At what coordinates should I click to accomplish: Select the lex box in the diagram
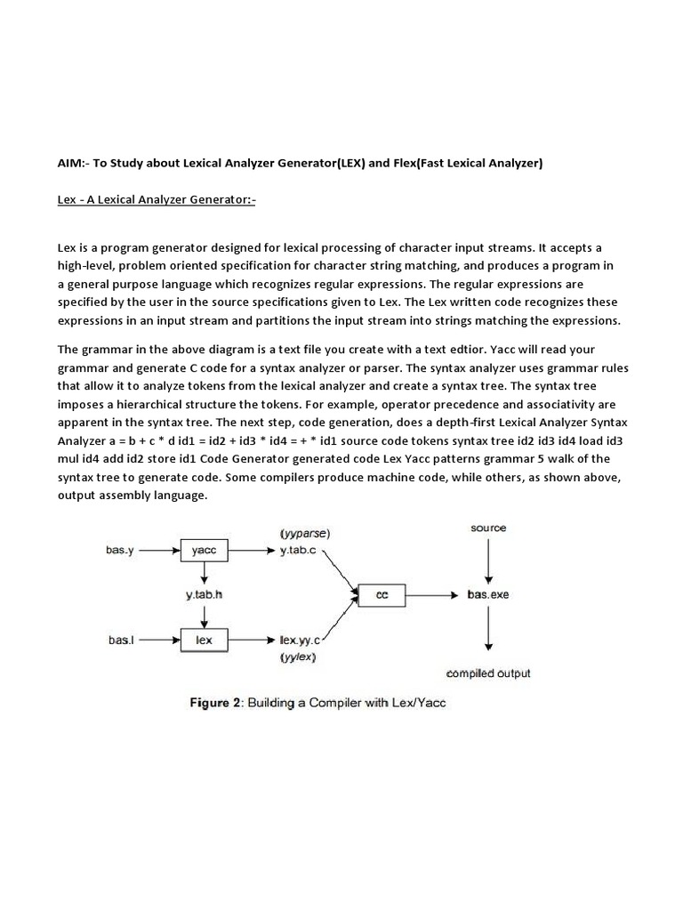pos(204,640)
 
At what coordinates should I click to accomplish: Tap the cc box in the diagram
pos(382,594)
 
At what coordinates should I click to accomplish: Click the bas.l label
pos(121,640)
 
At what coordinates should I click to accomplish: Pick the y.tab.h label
pos(204,594)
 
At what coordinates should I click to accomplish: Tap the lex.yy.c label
pos(300,640)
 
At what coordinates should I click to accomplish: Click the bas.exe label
pos(488,594)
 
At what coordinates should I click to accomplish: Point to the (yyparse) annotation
pos(304,534)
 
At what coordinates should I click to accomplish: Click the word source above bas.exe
pos(488,528)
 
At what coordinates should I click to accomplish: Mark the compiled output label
pos(488,673)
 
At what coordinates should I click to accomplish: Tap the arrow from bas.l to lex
pos(159,640)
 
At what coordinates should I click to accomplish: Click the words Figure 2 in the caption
pos(216,703)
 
